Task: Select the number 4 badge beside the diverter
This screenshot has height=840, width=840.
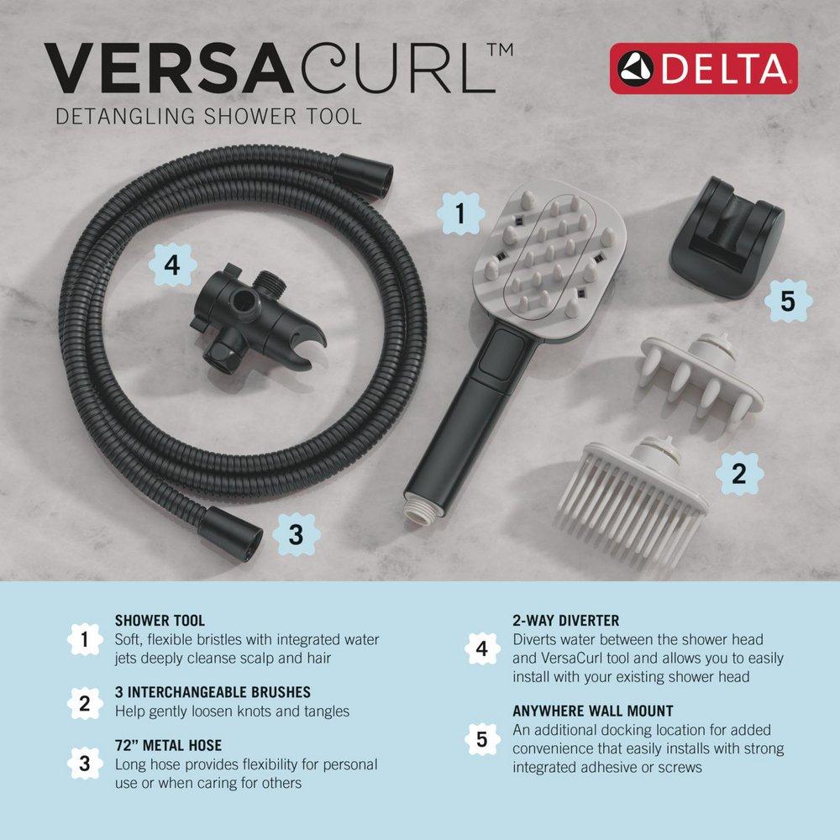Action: coord(171,266)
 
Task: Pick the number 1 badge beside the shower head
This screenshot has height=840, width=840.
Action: coord(459,213)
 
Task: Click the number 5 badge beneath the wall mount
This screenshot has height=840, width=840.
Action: coord(787,301)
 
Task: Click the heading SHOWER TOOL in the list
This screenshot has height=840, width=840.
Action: coord(160,622)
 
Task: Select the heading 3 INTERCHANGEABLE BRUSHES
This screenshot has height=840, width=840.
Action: coord(213,693)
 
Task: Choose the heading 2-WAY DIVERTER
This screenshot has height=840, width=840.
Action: coord(565,621)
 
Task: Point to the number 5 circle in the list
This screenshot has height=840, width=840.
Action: coord(481,739)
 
